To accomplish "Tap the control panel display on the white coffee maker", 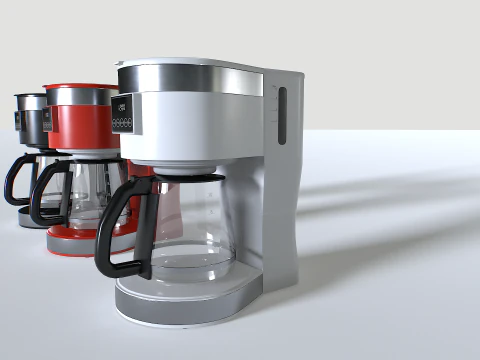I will (123, 107).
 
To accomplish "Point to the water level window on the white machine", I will (281, 116).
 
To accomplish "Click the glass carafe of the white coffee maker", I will (195, 225).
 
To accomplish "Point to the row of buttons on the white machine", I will (124, 124).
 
